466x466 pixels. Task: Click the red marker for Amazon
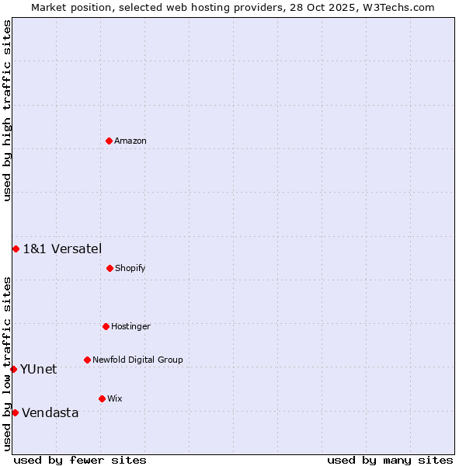[109, 141]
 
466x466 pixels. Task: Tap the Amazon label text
[130, 141]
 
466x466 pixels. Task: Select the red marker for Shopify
[110, 268]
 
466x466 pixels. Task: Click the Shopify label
[130, 269]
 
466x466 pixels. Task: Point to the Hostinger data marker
[106, 326]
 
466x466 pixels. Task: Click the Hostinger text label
[130, 327]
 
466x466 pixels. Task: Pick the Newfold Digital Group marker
[87, 360]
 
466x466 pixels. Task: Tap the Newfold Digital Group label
[137, 360]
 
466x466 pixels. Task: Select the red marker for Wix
[102, 398]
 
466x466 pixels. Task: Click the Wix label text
[115, 399]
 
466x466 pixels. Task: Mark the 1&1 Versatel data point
[16, 249]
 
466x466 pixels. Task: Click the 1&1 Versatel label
[62, 249]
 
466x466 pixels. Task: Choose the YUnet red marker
[13, 369]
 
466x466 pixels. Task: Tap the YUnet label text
[38, 370]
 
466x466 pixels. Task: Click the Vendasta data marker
[15, 412]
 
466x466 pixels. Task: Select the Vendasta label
[50, 413]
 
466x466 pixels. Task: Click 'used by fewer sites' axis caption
[80, 460]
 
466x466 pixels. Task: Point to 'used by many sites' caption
[390, 460]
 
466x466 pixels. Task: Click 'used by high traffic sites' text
[7, 110]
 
